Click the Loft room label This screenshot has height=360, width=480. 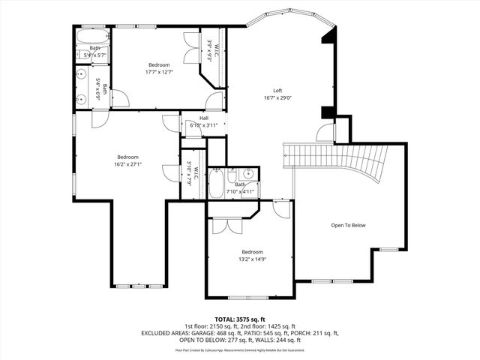point(277,90)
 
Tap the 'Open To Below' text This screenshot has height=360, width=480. point(348,224)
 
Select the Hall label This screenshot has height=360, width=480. point(204,118)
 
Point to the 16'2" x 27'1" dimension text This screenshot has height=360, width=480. point(127,164)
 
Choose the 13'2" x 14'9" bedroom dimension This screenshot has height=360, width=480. point(252,259)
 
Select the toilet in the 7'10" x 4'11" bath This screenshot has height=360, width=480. point(217,172)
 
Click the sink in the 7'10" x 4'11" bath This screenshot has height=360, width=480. point(252,175)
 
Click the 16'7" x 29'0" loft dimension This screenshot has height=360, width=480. point(277,97)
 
